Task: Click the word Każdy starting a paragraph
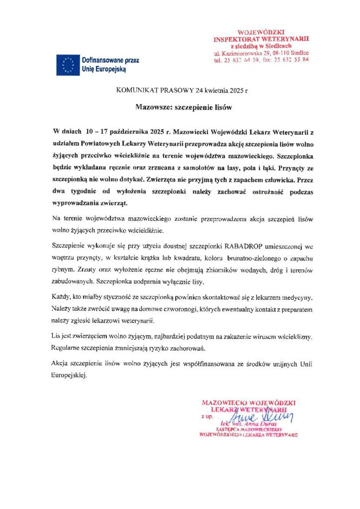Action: pyautogui.click(x=61, y=297)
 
